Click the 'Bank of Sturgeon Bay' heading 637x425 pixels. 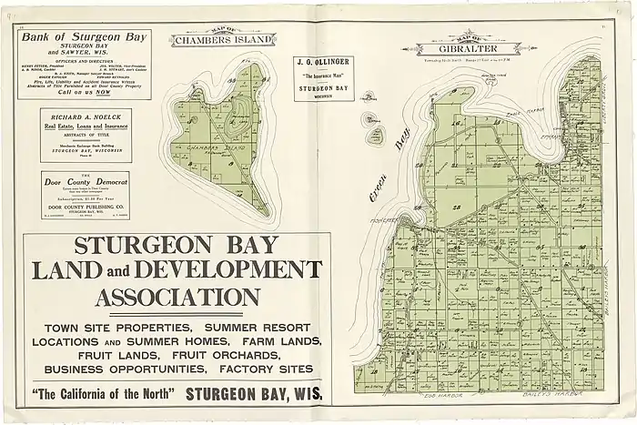pos(84,36)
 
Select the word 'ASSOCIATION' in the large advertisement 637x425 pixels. pos(177,298)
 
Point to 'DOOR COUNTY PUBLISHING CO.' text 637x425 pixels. pos(86,205)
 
